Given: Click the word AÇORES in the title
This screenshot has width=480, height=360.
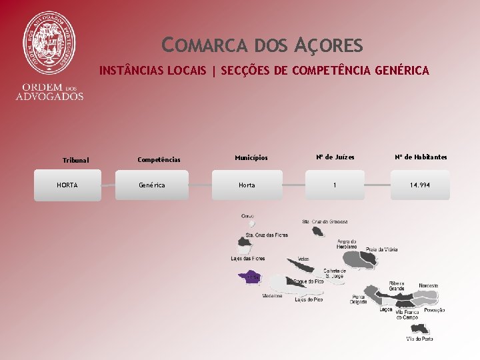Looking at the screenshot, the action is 327,46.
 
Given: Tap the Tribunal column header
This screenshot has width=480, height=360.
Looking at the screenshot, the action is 75,160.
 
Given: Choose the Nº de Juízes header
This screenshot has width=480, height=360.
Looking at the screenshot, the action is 335,157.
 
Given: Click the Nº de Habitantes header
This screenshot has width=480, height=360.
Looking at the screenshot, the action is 421,157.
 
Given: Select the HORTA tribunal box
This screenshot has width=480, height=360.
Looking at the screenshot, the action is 67,185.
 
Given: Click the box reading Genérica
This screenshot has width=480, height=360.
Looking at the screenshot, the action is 151,185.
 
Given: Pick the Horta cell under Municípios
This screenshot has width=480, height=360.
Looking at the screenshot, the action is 247,185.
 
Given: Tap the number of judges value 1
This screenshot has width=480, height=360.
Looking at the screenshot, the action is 335,185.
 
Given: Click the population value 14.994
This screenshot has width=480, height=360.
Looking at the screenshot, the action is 420,185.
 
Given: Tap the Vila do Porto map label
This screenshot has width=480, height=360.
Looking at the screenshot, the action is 419,339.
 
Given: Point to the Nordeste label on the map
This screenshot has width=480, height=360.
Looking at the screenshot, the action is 429,285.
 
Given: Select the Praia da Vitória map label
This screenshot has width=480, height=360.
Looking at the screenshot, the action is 381,249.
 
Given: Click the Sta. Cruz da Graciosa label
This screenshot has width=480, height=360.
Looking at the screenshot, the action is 325,221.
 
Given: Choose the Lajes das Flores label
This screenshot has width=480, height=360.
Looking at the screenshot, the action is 247,259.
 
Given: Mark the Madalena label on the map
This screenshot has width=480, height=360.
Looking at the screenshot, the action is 272,295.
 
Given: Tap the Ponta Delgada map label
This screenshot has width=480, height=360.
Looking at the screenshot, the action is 358,299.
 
